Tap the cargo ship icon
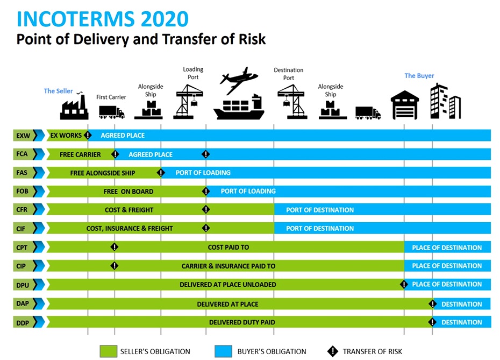239,107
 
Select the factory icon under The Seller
74,106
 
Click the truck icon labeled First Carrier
112,112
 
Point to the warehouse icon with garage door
405,105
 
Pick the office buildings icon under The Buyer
446,101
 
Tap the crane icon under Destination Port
292,102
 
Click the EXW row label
23,136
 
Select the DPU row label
23,285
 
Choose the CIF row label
21,229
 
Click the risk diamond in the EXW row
88,135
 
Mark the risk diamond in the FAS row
161,173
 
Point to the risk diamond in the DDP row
432,322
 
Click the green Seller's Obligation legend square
109,351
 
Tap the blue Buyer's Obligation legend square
223,351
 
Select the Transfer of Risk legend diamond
333,351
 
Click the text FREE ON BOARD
128,192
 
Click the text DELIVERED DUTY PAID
242,322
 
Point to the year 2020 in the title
165,19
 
